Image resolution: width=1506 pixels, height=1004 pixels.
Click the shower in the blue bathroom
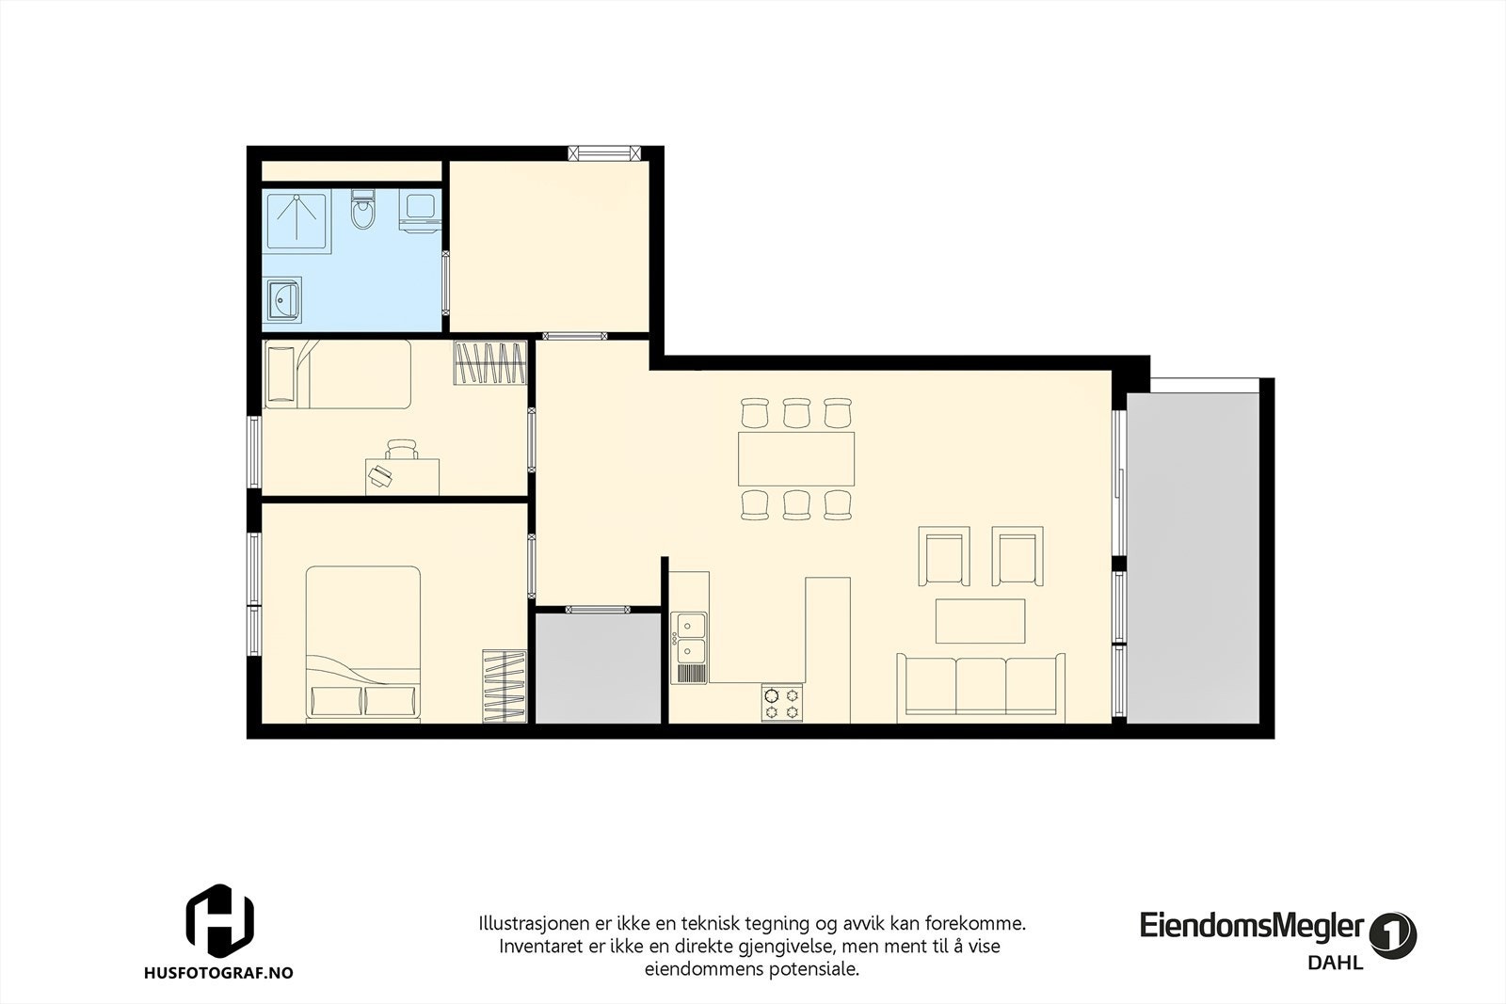(x=296, y=220)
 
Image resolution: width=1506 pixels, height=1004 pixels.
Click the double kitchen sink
(x=690, y=637)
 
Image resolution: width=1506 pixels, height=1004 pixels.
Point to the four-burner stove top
(x=782, y=702)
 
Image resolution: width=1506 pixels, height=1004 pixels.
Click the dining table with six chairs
(x=796, y=458)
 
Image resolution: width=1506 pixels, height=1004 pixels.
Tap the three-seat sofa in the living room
(x=981, y=685)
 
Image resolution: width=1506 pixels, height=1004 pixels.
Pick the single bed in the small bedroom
(x=338, y=374)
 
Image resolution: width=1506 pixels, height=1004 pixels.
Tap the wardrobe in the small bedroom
(x=489, y=363)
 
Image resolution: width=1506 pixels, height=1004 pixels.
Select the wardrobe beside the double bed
(x=504, y=686)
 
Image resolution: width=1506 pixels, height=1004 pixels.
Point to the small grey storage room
(x=599, y=668)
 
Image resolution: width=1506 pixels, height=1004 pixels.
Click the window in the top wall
(x=603, y=152)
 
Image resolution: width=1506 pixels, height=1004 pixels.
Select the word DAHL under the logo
(x=1335, y=963)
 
